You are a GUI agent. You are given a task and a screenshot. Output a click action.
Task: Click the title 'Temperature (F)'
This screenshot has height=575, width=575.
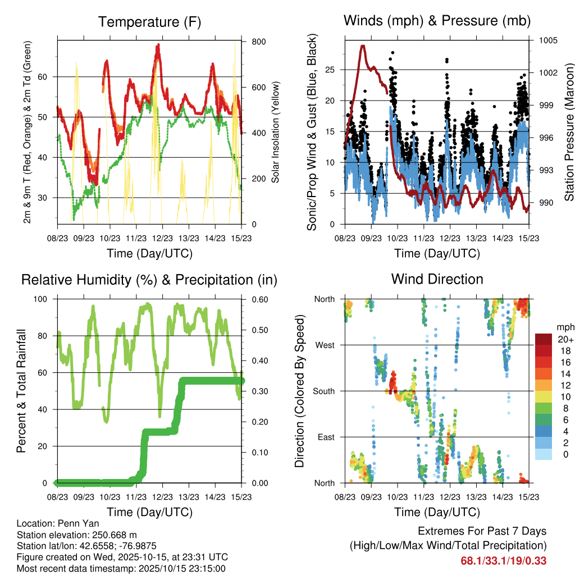pos(149,22)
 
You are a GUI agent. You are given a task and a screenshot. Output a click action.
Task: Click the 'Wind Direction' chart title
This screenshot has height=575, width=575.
pos(437,279)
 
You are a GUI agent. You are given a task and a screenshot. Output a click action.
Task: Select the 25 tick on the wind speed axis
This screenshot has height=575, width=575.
pos(330,70)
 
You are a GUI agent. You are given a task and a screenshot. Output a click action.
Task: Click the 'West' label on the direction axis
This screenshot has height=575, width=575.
pos(325,345)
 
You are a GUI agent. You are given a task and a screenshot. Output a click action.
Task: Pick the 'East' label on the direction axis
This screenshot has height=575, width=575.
pos(326,437)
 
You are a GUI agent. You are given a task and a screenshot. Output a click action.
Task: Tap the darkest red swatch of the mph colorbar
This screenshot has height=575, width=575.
pos(545,339)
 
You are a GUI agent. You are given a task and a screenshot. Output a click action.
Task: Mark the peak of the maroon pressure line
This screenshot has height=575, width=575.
pos(363,46)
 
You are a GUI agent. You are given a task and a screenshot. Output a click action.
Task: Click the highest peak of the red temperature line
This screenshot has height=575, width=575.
pos(159,45)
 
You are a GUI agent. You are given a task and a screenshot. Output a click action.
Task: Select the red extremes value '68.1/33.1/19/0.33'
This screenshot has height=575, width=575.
pos(503,560)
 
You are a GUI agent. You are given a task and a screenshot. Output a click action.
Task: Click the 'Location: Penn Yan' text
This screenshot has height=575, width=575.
pos(55,523)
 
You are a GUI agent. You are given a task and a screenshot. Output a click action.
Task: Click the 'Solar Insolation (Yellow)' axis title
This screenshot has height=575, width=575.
pos(276,133)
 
